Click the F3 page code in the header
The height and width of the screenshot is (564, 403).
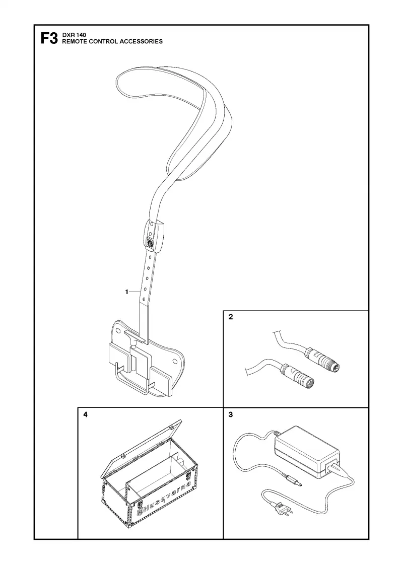point(49,38)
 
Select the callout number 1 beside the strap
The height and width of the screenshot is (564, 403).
point(126,292)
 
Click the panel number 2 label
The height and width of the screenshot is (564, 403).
point(231,317)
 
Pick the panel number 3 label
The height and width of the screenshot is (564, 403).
point(231,415)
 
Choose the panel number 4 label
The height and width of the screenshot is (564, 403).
point(85,415)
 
